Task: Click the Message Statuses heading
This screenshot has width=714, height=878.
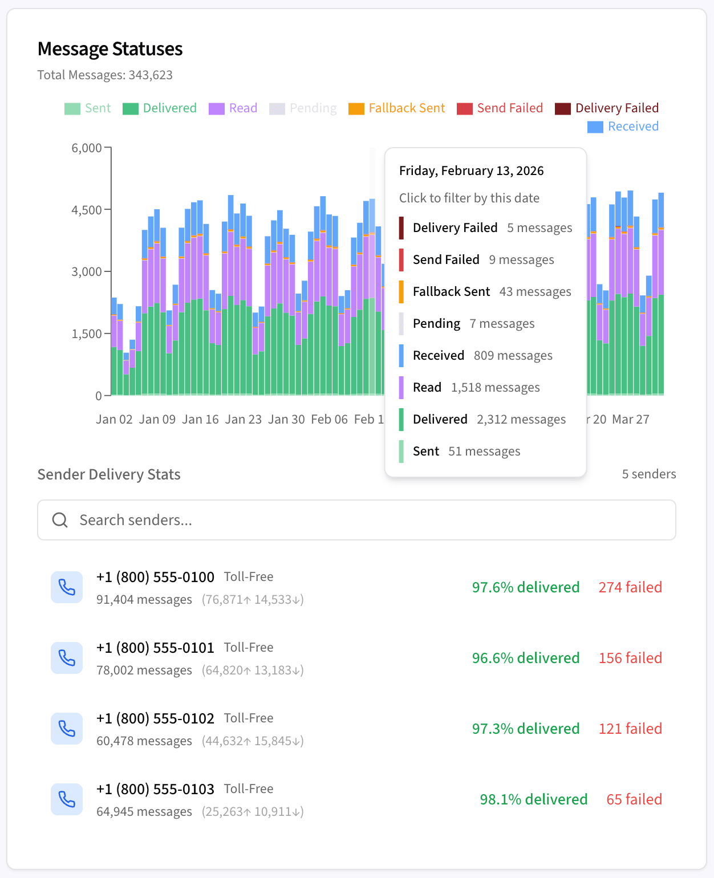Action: pyautogui.click(x=110, y=49)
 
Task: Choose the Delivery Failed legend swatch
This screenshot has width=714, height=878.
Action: pyautogui.click(x=563, y=108)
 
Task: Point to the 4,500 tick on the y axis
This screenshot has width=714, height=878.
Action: pyautogui.click(x=87, y=210)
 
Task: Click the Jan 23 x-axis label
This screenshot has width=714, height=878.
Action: pyautogui.click(x=243, y=420)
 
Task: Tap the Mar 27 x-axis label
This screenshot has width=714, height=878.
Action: pyautogui.click(x=630, y=420)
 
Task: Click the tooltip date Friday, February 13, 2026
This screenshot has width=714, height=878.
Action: pyautogui.click(x=471, y=171)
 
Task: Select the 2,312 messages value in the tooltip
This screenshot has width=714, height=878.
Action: pyautogui.click(x=521, y=420)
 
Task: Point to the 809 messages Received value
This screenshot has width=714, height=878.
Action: pyautogui.click(x=513, y=356)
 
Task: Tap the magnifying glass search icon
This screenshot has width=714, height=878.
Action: pyautogui.click(x=60, y=520)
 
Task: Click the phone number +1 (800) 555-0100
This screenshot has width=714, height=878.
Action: pyautogui.click(x=155, y=577)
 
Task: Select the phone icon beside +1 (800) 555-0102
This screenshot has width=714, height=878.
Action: pyautogui.click(x=67, y=729)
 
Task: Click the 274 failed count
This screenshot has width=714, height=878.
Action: pyautogui.click(x=630, y=587)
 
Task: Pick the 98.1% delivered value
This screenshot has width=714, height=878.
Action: pyautogui.click(x=533, y=799)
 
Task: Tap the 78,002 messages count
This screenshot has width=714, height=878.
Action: pyautogui.click(x=144, y=670)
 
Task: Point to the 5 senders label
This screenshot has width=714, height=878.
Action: pyautogui.click(x=648, y=474)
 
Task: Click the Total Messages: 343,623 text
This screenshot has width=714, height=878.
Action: pyautogui.click(x=105, y=75)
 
